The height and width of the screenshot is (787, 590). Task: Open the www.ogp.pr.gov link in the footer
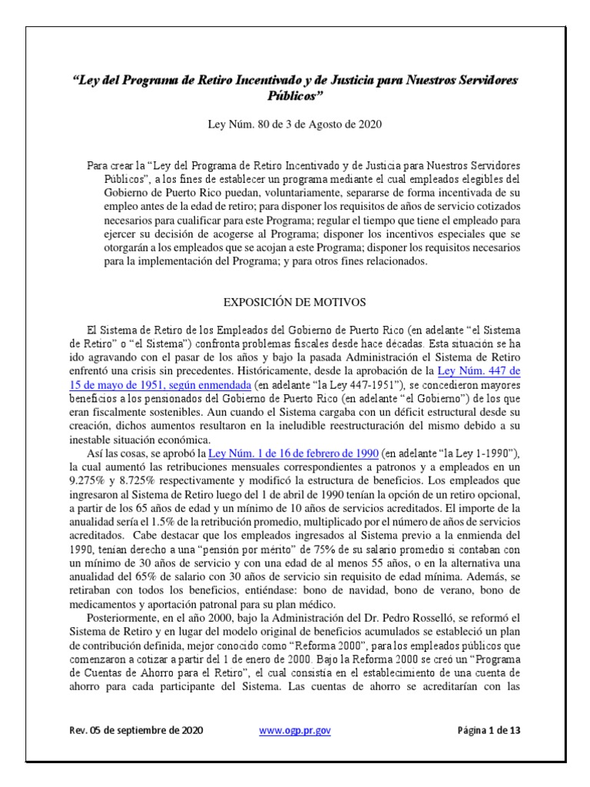296,731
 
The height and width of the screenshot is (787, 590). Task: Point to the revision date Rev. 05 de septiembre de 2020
135,731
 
